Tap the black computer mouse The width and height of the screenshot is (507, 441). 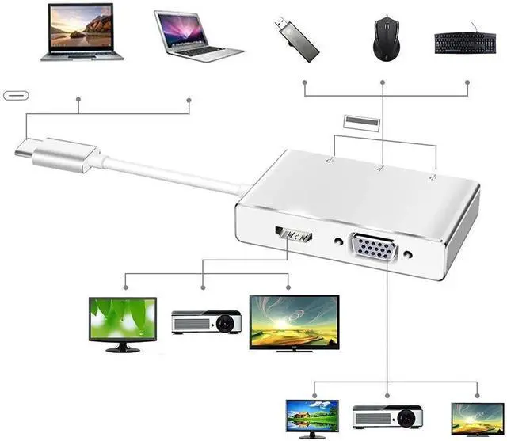pyautogui.click(x=383, y=37)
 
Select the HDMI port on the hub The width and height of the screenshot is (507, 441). pyautogui.click(x=292, y=235)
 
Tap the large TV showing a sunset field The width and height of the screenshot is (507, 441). pyautogui.click(x=294, y=323)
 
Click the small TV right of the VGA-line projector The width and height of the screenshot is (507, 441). pyautogui.click(x=477, y=418)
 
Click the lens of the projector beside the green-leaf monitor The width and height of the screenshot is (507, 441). pyautogui.click(x=227, y=323)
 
